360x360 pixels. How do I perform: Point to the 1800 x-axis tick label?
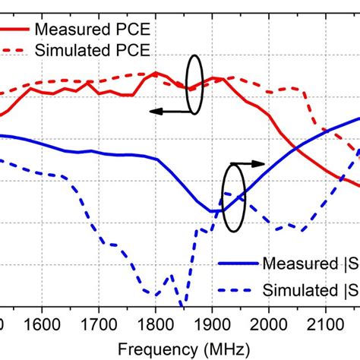pyautogui.click(x=154, y=322)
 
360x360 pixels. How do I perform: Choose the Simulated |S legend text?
pyautogui.click(x=311, y=289)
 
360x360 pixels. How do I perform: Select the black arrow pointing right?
pyautogui.click(x=247, y=163)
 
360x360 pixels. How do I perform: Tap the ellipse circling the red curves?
pyautogui.click(x=194, y=84)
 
